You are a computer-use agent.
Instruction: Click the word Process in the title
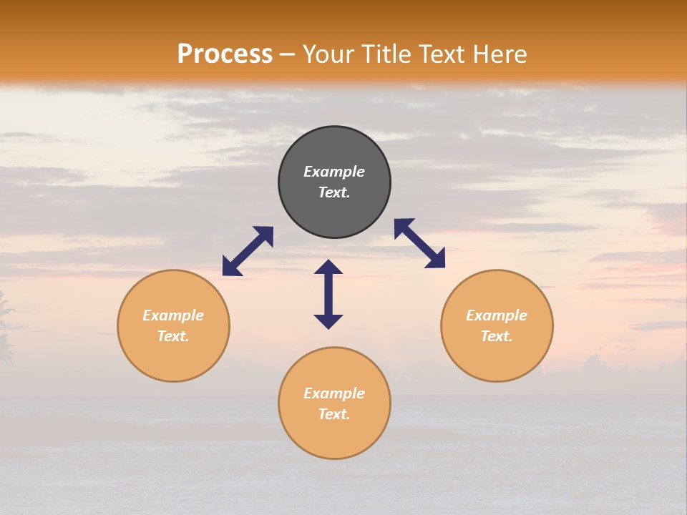point(225,54)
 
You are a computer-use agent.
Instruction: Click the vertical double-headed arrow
point(328,294)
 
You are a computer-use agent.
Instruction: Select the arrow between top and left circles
point(248,251)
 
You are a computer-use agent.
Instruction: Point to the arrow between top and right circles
point(420,243)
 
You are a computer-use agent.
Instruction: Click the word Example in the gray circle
point(334,172)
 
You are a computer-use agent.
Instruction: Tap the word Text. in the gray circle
point(334,192)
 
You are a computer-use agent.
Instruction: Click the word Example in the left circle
point(173,315)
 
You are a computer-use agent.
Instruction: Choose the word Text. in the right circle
point(497,336)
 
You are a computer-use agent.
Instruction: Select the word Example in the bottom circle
point(334,393)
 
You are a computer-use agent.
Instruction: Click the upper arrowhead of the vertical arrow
point(328,268)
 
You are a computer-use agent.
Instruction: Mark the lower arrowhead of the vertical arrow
point(328,321)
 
